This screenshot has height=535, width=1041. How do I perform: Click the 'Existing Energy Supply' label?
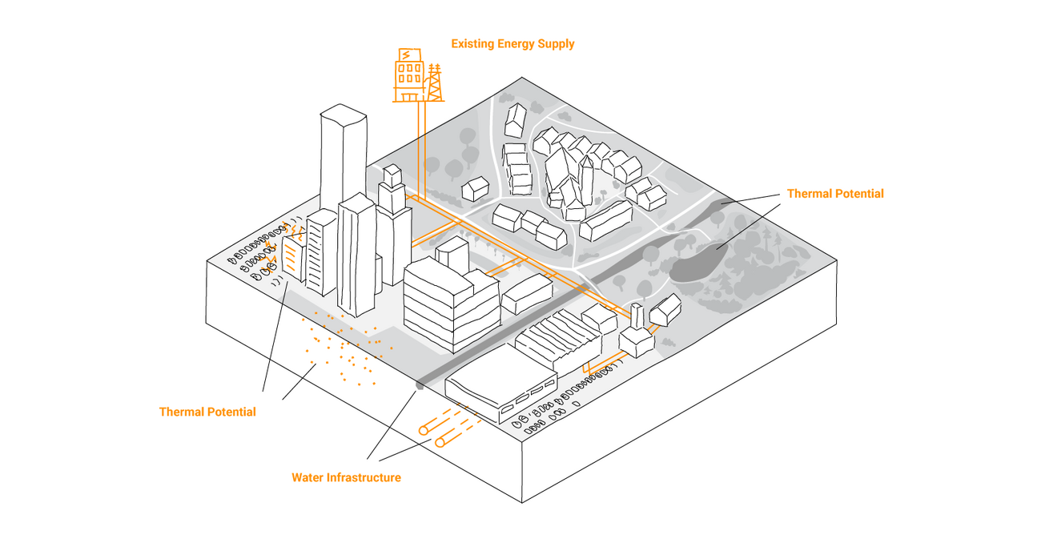pyautogui.click(x=512, y=44)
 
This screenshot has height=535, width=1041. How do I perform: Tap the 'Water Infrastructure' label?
pyautogui.click(x=346, y=477)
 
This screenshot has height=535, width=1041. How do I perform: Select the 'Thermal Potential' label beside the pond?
pyautogui.click(x=835, y=193)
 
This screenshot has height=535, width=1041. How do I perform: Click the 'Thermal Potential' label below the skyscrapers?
pyautogui.click(x=207, y=412)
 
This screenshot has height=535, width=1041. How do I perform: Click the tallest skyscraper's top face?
pyautogui.click(x=344, y=115)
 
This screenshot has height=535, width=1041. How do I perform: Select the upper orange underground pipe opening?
pyautogui.click(x=424, y=430)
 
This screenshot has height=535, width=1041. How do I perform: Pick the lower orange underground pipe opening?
pyautogui.click(x=440, y=443)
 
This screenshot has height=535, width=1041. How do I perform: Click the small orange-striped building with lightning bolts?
pyautogui.click(x=293, y=257)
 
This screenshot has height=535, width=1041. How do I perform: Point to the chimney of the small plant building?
pyautogui.click(x=637, y=316)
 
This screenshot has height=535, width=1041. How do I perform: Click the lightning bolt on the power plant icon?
pyautogui.click(x=406, y=55)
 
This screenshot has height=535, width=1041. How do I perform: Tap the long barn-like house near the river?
pyautogui.click(x=606, y=220)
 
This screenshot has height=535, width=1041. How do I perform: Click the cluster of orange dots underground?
pyautogui.click(x=346, y=346)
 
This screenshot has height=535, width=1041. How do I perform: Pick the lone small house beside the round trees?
pyautogui.click(x=475, y=188)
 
